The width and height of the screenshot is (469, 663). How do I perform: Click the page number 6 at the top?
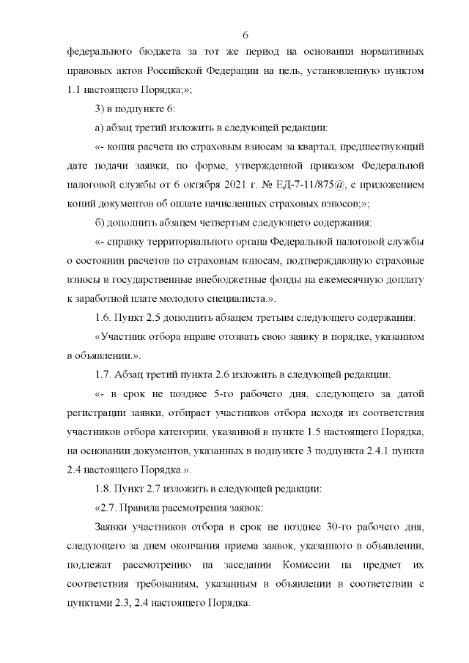245,34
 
